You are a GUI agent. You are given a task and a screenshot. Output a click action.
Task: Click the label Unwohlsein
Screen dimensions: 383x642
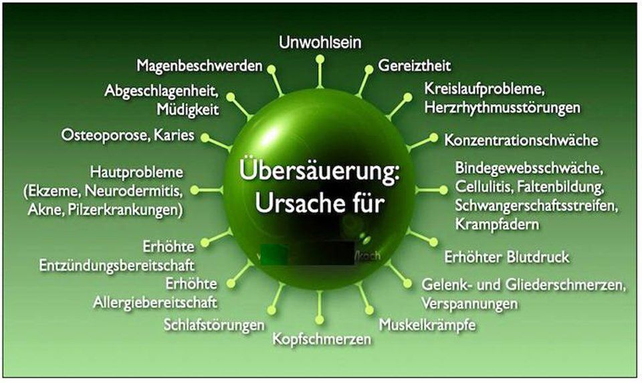(320, 43)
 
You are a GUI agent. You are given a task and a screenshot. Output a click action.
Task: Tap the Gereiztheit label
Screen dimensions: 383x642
(415, 66)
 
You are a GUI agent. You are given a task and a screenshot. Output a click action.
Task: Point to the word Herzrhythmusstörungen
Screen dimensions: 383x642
(502, 107)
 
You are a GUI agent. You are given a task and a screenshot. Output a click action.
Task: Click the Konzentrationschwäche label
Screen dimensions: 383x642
(521, 141)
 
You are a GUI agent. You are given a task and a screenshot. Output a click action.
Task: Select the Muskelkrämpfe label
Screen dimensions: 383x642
(427, 325)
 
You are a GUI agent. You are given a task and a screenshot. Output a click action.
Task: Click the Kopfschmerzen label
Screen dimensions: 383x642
(321, 339)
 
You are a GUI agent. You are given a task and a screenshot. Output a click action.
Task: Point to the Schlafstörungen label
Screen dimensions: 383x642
(214, 325)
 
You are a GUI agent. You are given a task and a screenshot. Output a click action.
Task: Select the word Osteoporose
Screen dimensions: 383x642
(96, 135)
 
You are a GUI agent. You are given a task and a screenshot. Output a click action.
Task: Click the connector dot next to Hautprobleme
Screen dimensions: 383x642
(195, 190)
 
